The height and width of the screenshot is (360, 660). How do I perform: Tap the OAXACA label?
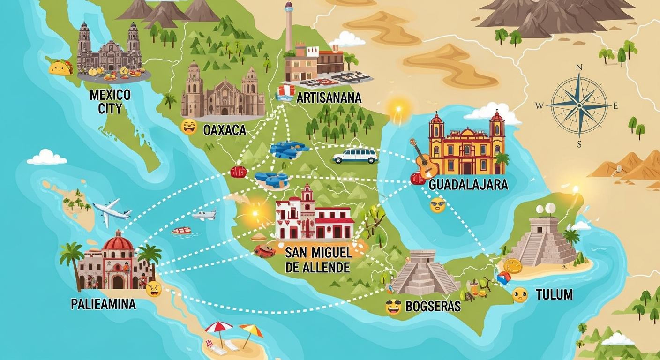tap(225, 130)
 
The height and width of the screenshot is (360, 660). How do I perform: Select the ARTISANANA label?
tap(329, 97)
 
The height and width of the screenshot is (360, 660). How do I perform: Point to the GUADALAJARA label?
tap(468, 184)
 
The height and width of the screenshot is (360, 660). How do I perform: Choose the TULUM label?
tap(555, 295)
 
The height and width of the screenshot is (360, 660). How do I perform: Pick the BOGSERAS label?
tap(433, 307)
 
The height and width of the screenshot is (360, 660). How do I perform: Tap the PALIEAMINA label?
tap(103, 304)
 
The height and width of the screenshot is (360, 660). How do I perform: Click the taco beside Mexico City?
tap(61, 67)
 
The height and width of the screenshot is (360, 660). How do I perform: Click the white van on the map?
tap(355, 156)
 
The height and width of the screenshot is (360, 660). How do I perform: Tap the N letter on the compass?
tap(579, 67)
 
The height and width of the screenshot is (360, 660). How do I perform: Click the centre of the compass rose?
tap(579, 106)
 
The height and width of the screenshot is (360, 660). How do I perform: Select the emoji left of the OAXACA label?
tap(189, 127)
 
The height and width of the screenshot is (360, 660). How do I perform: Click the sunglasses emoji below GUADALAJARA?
tap(437, 205)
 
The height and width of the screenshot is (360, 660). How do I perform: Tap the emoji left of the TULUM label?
tap(520, 294)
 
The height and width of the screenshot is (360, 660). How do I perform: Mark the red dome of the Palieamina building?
tap(118, 242)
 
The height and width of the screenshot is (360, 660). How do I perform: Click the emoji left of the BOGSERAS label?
tap(393, 307)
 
